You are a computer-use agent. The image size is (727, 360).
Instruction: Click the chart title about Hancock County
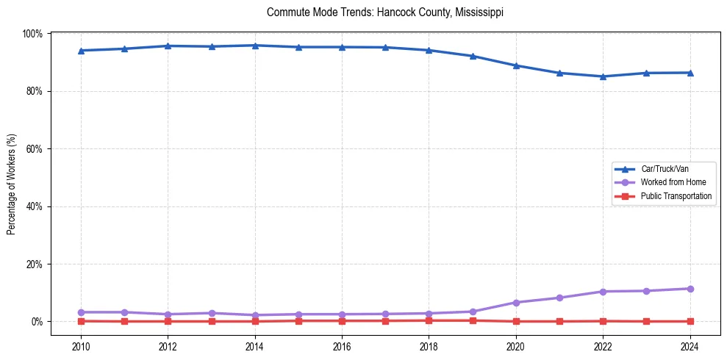point(385,12)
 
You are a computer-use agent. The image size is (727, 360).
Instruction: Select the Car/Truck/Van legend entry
point(665,169)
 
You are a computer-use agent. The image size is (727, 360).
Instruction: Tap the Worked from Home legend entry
point(673,182)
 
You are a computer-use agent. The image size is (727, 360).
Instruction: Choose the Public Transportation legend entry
point(676,196)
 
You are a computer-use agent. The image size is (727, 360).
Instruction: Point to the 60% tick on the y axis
point(34,148)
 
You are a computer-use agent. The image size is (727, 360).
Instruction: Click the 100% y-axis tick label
point(32,34)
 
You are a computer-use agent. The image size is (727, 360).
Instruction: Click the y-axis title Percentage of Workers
point(12,184)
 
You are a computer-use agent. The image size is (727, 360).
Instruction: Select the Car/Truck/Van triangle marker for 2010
point(81,51)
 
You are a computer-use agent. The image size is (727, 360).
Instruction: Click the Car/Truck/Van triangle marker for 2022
point(603,76)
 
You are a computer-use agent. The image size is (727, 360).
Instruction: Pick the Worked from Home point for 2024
point(690,289)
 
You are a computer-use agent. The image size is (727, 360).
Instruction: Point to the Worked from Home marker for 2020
point(516,303)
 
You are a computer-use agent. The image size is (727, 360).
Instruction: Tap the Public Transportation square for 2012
point(168,321)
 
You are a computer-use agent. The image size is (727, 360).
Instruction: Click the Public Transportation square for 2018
point(429,320)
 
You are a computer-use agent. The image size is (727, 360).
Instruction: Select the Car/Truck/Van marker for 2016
point(342,47)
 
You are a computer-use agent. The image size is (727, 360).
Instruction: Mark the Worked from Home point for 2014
point(254,315)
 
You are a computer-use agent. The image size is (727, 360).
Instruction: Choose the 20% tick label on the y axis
point(34,264)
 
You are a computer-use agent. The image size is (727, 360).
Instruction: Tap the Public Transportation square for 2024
point(690,321)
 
